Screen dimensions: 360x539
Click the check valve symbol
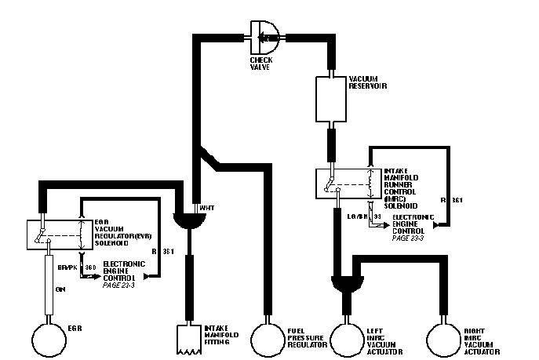(x=265, y=33)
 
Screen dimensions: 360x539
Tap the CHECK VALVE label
(x=261, y=63)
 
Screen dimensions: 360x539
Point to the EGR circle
(x=50, y=338)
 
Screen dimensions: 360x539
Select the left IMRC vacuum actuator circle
(x=348, y=338)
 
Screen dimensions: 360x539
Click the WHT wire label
(x=207, y=208)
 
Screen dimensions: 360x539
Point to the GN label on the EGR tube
(x=60, y=289)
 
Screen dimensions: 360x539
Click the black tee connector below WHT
(x=189, y=220)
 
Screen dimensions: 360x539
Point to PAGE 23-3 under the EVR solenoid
(x=120, y=285)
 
